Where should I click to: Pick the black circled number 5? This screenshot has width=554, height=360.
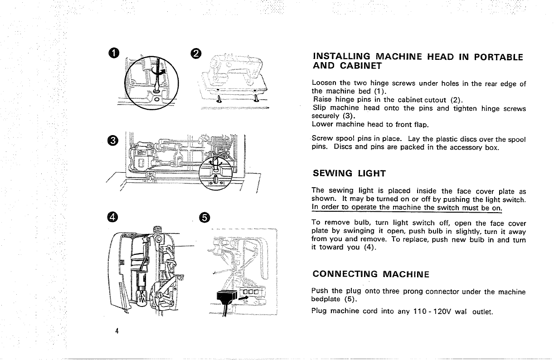[x=204, y=218]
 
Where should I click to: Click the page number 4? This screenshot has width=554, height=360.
[x=117, y=330]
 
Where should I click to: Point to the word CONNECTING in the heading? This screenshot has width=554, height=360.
[x=345, y=274]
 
